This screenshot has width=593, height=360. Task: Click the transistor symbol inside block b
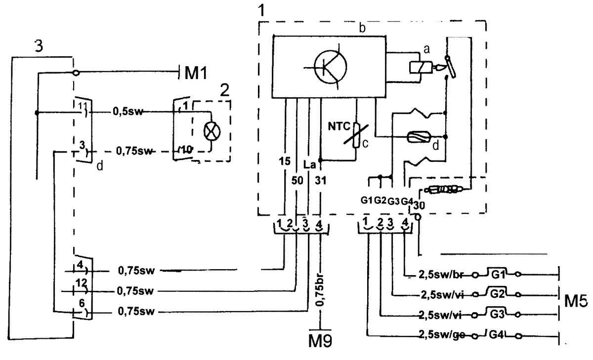pyautogui.click(x=330, y=67)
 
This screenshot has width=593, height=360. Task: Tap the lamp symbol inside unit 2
pyautogui.click(x=212, y=131)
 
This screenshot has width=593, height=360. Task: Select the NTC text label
pyautogui.click(x=339, y=126)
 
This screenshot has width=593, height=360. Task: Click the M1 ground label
pyautogui.click(x=196, y=73)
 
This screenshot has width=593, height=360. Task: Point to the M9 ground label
pyautogui.click(x=320, y=342)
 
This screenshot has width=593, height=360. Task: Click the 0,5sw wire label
pyautogui.click(x=128, y=112)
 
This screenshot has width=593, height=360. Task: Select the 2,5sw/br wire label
pyautogui.click(x=440, y=275)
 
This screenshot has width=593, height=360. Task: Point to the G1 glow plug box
pyautogui.click(x=497, y=274)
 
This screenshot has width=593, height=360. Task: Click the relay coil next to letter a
pyautogui.click(x=421, y=67)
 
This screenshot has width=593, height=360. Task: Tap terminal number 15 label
pyautogui.click(x=285, y=161)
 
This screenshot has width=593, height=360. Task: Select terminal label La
pyautogui.click(x=309, y=165)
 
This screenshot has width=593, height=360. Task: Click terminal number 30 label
pyautogui.click(x=419, y=205)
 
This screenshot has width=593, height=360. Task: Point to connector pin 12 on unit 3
pyautogui.click(x=81, y=283)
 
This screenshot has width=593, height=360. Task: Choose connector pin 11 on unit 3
pyautogui.click(x=83, y=106)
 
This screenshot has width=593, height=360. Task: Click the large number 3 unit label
pyautogui.click(x=39, y=46)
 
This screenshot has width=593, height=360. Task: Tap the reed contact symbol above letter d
pyautogui.click(x=419, y=137)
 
